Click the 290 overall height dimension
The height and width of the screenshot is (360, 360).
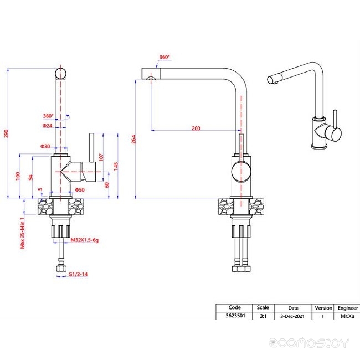6,133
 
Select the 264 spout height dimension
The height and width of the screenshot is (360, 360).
133,140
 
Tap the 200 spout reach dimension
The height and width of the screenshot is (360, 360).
196,128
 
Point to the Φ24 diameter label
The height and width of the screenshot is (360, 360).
47,126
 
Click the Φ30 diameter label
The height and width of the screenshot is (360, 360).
45,146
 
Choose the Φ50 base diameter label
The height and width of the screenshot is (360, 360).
80,190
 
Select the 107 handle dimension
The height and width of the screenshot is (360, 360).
101,157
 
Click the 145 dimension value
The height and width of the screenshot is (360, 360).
116,166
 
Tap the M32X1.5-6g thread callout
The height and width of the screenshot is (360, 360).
85,240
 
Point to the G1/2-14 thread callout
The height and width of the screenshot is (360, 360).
78,274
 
